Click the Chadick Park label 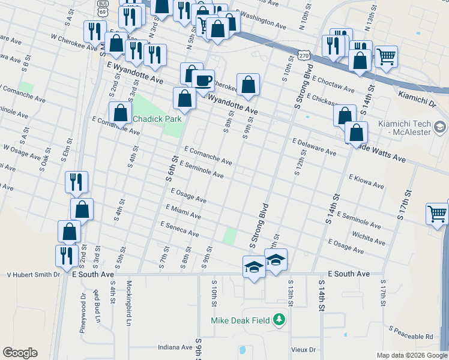(x=157, y=119)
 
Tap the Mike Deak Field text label (x=240, y=320)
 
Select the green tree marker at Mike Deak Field (x=279, y=320)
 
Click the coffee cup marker (x=203, y=80)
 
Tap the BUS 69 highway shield (x=103, y=8)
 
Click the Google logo (x=20, y=353)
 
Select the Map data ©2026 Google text (x=412, y=355)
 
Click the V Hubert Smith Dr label (x=34, y=274)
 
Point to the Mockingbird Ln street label (x=128, y=299)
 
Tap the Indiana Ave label (x=175, y=347)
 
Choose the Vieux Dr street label (x=303, y=349)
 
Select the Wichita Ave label (x=369, y=238)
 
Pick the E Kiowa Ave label (x=366, y=182)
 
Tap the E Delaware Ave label (x=314, y=147)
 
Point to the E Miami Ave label (x=183, y=211)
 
